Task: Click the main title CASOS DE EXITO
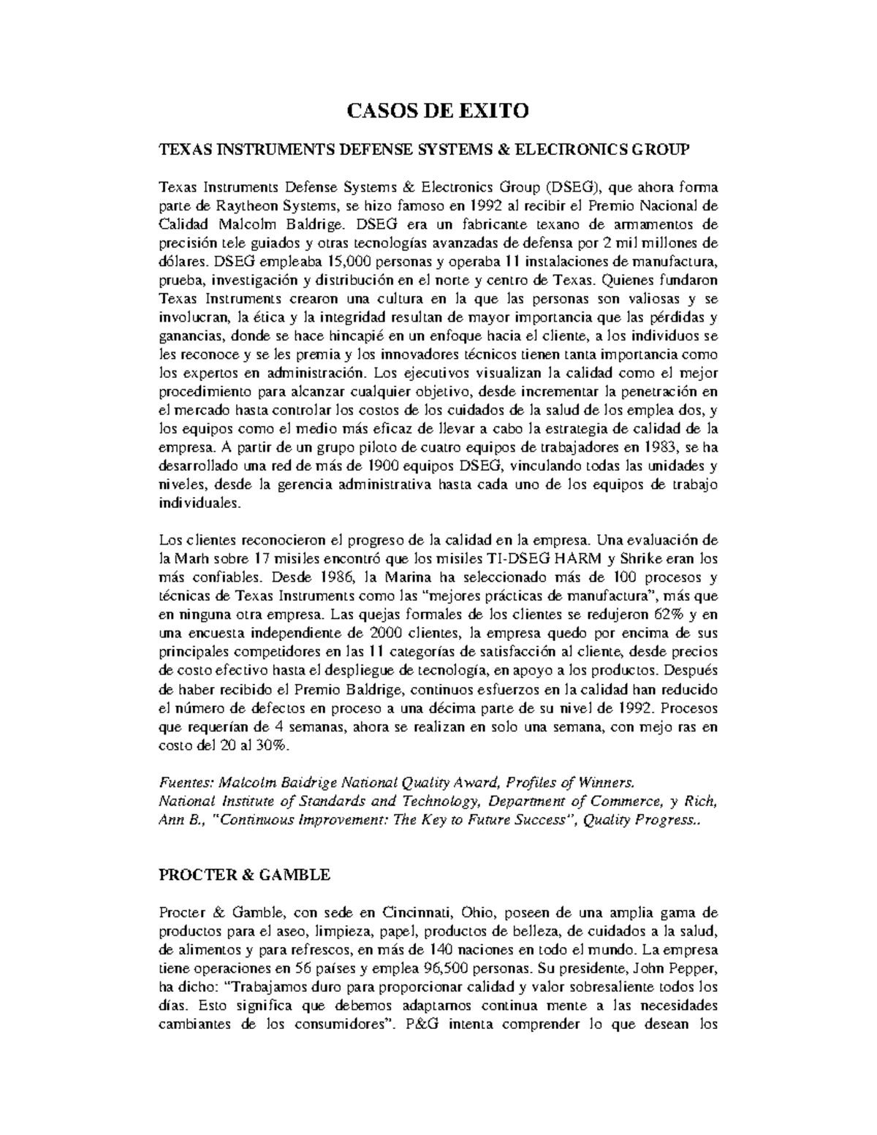pos(437,111)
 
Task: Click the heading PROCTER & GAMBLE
pos(244,874)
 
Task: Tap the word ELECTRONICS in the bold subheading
pos(559,150)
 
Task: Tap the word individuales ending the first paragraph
pos(199,504)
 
